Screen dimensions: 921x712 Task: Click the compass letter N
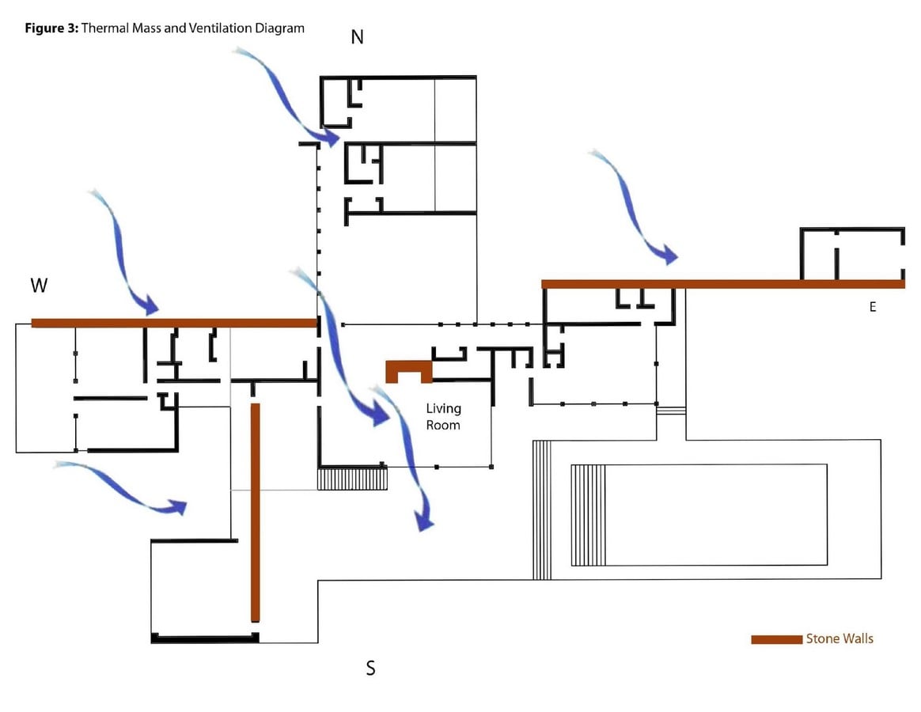click(357, 37)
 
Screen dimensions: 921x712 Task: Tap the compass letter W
click(39, 286)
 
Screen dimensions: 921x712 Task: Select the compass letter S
click(370, 668)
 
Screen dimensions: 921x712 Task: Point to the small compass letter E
click(873, 307)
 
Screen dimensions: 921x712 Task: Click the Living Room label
click(443, 416)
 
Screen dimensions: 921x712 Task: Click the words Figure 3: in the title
click(51, 28)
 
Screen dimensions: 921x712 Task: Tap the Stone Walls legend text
click(840, 638)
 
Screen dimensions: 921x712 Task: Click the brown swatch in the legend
click(776, 639)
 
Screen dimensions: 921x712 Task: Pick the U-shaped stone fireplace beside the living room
click(409, 366)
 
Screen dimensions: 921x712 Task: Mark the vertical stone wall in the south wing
click(256, 512)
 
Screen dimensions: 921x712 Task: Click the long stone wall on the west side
click(174, 323)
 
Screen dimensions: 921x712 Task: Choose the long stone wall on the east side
click(723, 284)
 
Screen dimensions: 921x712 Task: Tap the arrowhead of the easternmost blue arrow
click(677, 257)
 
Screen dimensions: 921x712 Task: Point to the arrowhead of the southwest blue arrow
click(186, 504)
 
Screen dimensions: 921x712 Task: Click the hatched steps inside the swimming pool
click(589, 515)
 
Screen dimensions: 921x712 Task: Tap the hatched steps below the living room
click(352, 478)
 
